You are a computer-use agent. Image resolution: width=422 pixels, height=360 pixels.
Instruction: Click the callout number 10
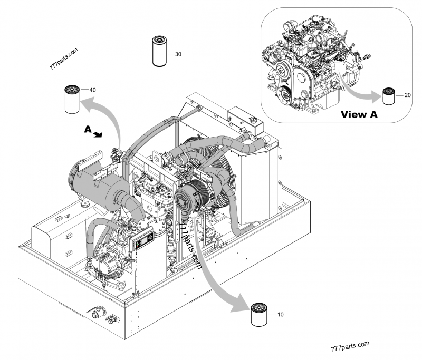click(280, 314)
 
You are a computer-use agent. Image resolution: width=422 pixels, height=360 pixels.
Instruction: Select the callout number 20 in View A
click(407, 95)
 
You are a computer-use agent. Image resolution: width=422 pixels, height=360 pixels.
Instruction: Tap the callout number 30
click(178, 54)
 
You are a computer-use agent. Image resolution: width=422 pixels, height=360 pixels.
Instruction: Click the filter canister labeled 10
click(259, 315)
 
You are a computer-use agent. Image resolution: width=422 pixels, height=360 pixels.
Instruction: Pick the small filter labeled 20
click(389, 95)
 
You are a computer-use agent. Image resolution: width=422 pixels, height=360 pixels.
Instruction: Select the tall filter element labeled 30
click(159, 51)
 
